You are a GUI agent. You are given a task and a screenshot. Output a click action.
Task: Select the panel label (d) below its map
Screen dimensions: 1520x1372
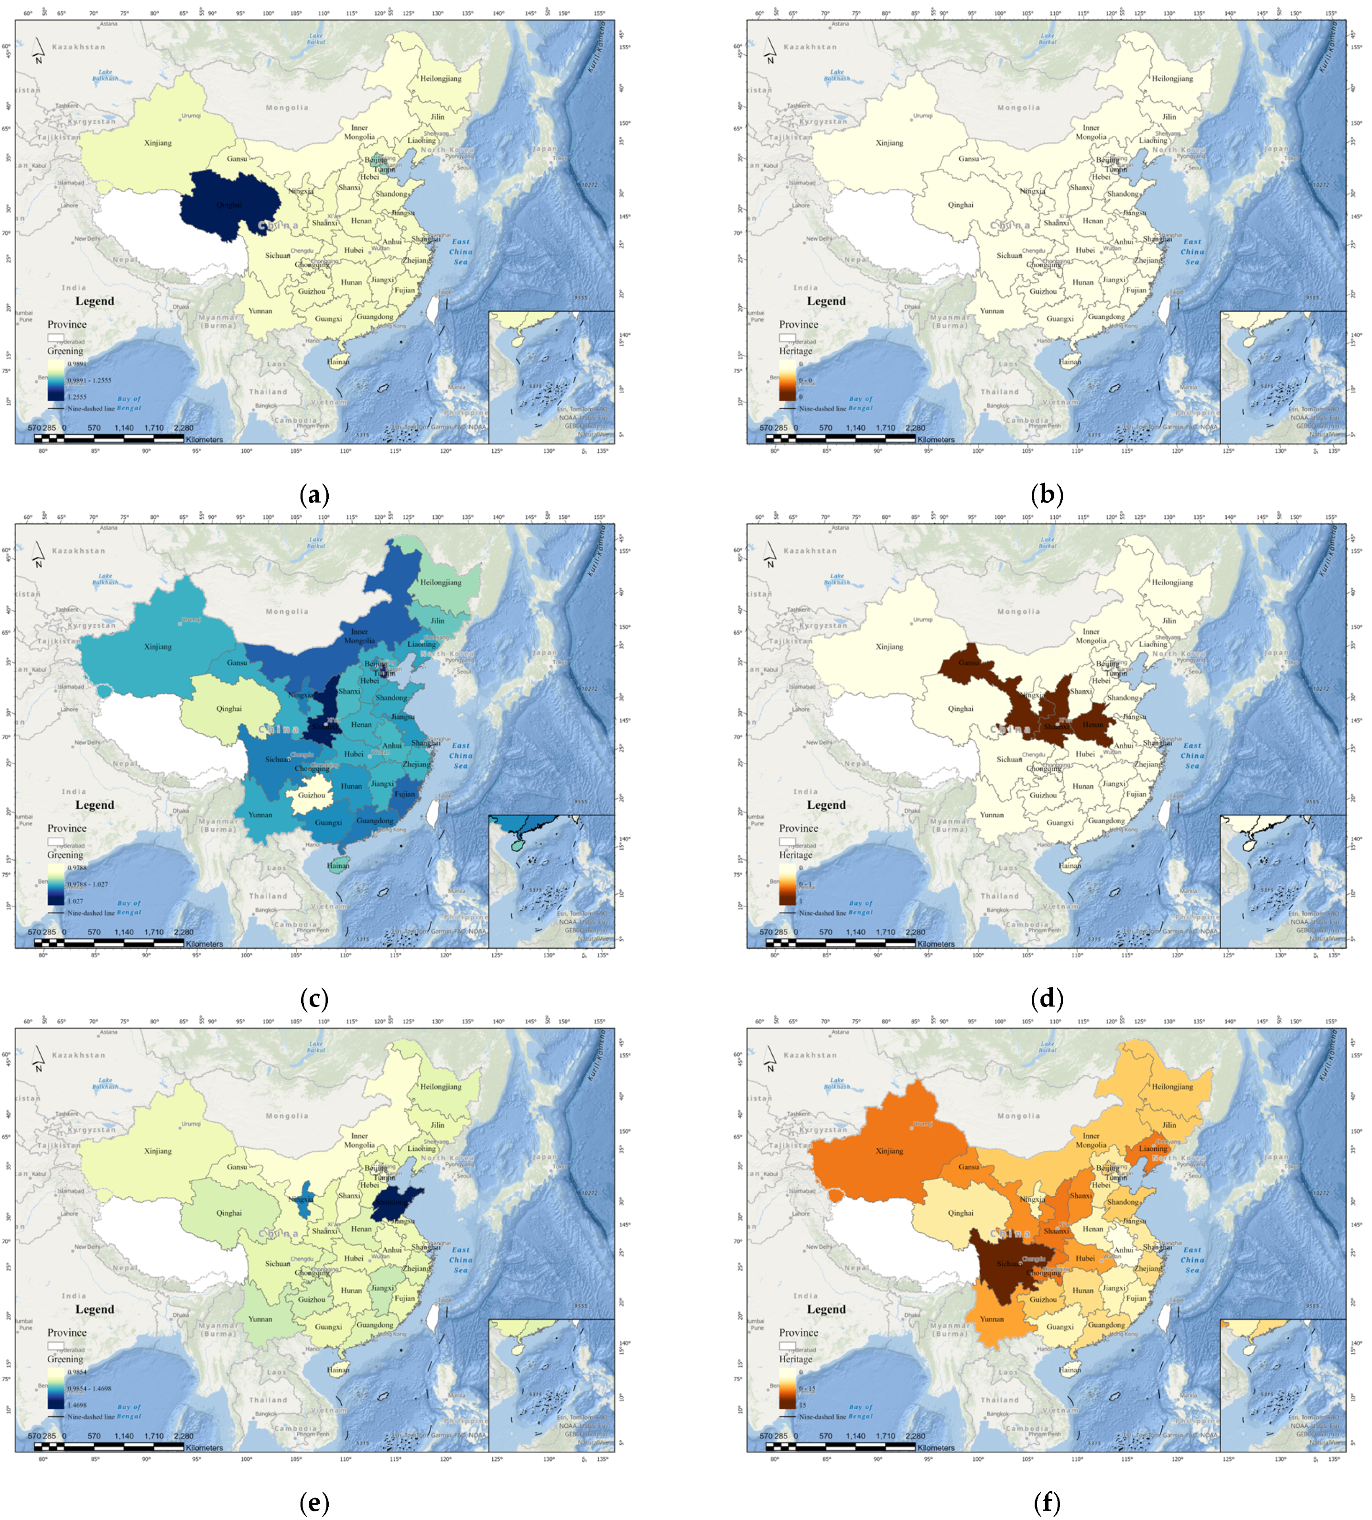coord(1047,999)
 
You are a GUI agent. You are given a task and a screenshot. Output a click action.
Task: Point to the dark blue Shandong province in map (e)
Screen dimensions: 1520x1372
coord(395,1203)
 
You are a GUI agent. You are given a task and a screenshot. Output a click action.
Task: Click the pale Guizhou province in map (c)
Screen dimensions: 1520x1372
coord(311,795)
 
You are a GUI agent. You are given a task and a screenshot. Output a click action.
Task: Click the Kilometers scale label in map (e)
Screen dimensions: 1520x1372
coord(204,1448)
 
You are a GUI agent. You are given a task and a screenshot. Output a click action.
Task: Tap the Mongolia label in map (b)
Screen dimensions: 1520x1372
coord(1018,108)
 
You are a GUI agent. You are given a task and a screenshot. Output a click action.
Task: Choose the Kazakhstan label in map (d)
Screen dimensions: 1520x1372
coord(810,551)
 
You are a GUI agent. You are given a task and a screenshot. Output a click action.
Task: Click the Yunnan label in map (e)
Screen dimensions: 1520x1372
coord(260,1319)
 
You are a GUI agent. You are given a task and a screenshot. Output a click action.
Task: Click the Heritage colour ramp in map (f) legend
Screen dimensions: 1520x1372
coord(788,1389)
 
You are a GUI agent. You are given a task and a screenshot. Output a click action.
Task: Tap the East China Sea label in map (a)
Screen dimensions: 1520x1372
coord(461,252)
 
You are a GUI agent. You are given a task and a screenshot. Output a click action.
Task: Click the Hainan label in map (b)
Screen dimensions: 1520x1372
coord(1070,362)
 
